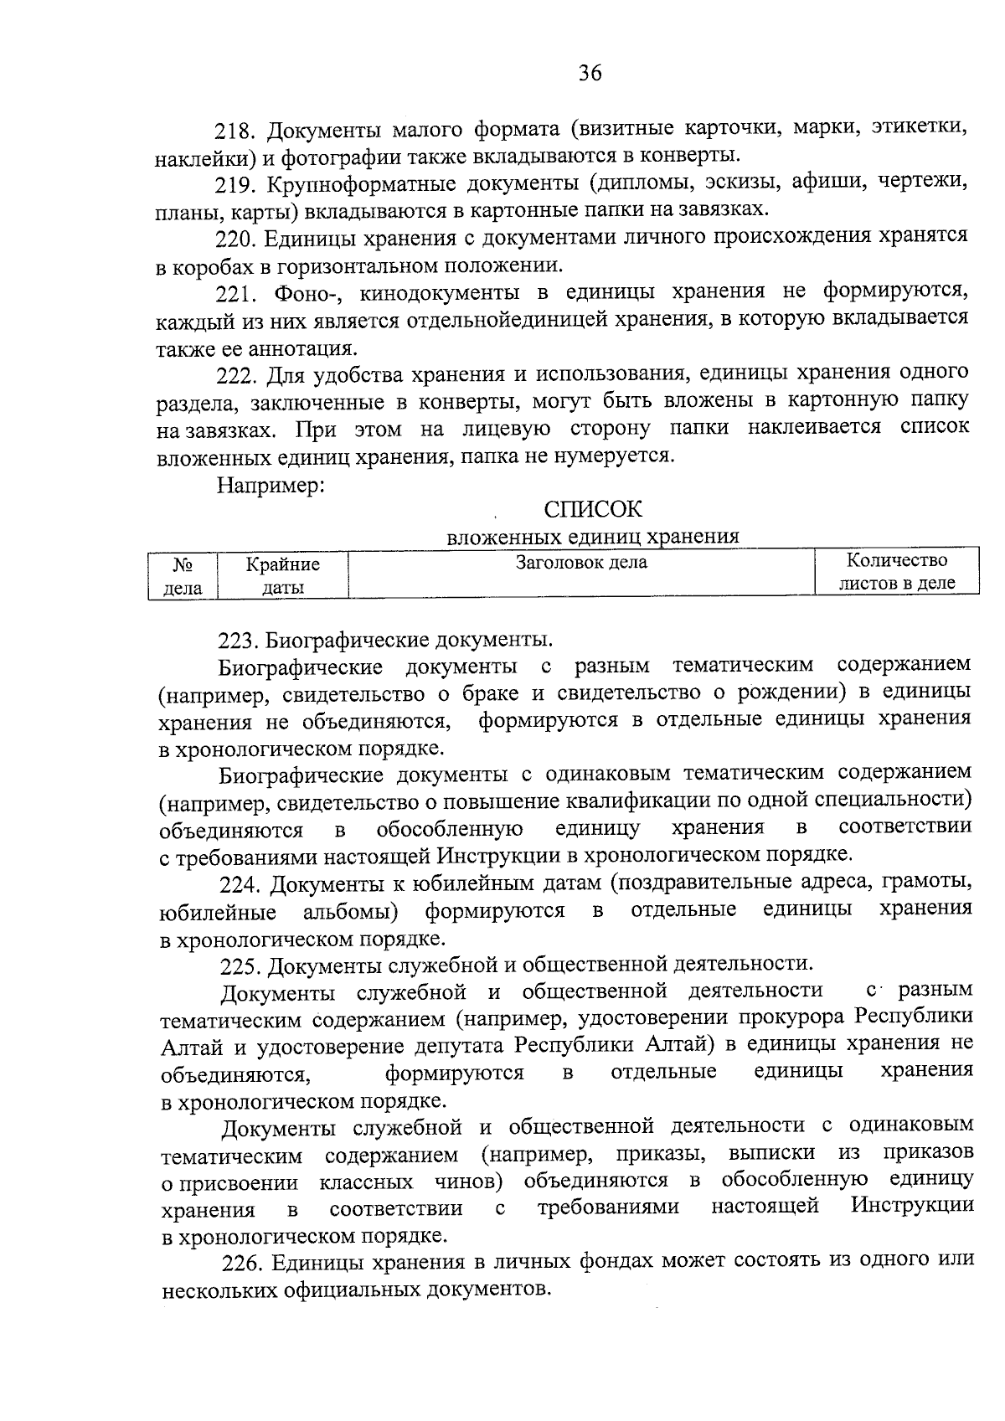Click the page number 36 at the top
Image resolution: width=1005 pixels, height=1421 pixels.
coord(590,74)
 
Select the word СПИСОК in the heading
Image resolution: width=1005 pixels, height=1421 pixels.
coord(592,509)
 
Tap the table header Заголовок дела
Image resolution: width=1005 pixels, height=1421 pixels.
coord(581,563)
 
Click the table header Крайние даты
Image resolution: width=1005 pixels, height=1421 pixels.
coord(282,576)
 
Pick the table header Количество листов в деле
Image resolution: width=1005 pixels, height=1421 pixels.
coord(897,572)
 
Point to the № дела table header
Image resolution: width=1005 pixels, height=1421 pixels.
coord(183,576)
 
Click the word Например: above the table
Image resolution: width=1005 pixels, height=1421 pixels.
coord(271,485)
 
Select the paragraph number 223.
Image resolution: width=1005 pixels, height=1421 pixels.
coord(236,641)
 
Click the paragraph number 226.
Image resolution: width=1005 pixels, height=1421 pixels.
coord(242,1262)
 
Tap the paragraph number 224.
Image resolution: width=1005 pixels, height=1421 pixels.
coord(240,884)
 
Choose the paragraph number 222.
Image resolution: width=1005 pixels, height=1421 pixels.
coord(236,374)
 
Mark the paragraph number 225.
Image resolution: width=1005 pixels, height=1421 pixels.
coord(240,965)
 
